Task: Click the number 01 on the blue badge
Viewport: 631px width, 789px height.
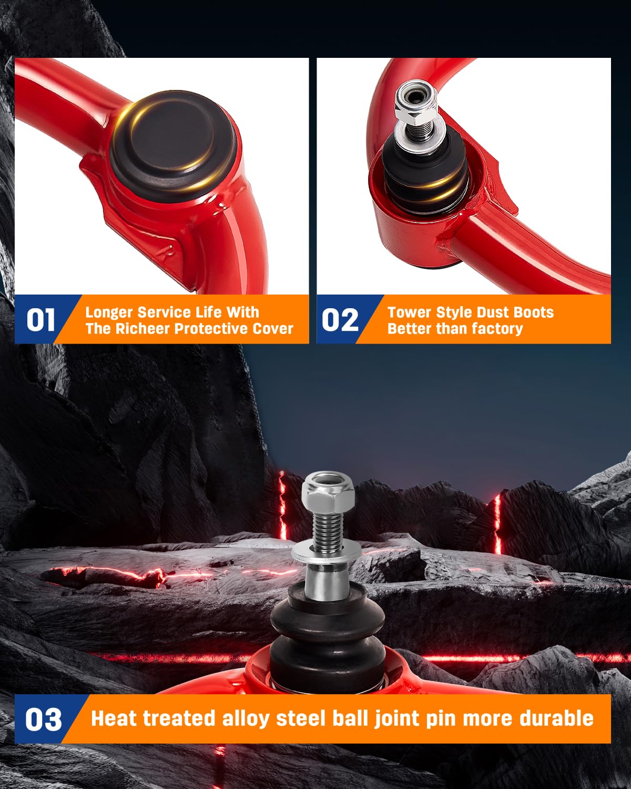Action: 40,320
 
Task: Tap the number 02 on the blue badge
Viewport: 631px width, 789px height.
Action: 340,320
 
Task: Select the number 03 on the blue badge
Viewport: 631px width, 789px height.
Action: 43,719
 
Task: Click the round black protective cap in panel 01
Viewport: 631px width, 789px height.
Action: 173,146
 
